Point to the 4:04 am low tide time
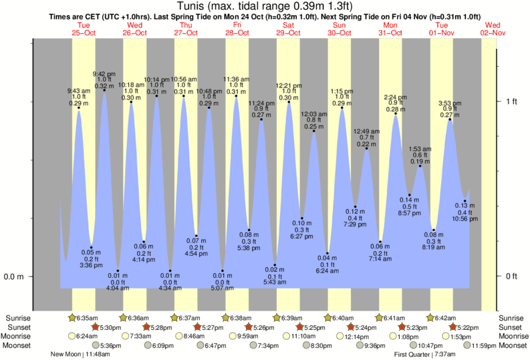[118, 288]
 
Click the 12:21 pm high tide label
[289, 85]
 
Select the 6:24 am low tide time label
[327, 271]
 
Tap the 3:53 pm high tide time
[449, 103]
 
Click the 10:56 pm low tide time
[465, 219]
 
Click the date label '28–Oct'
[237, 33]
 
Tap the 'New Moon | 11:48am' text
[79, 355]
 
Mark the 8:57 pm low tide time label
[409, 213]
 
